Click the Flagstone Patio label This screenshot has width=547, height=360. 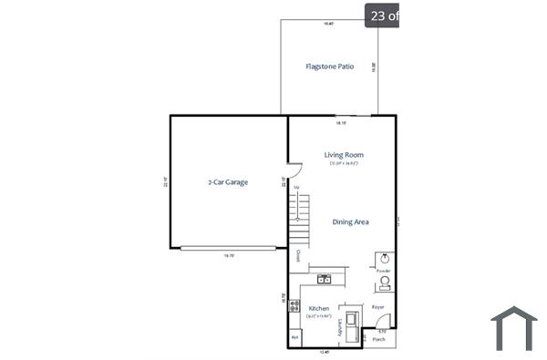(329, 67)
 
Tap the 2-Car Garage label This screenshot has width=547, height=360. (228, 182)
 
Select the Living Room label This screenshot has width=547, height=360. (344, 155)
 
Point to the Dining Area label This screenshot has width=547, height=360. (350, 221)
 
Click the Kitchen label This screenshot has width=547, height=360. (318, 309)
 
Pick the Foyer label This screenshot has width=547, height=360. (377, 308)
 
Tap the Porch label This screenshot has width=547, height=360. (378, 339)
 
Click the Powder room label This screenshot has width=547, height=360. (384, 271)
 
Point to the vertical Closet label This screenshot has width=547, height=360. (296, 256)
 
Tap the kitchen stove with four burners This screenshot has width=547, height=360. (294, 306)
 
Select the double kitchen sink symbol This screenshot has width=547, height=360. (324, 279)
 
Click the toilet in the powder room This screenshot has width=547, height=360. (385, 283)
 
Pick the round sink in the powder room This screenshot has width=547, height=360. (385, 259)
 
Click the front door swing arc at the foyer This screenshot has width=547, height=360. (384, 320)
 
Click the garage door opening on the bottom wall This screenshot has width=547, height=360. (228, 248)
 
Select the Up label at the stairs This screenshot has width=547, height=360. (296, 187)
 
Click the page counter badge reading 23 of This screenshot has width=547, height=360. (382, 15)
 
